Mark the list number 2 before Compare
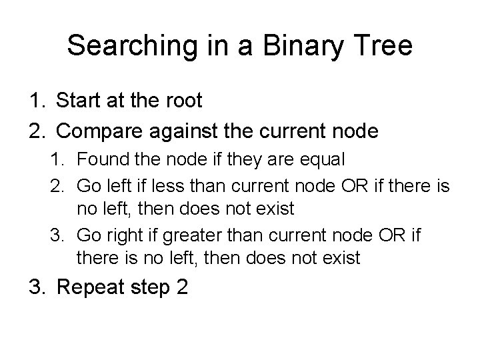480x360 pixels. [35, 131]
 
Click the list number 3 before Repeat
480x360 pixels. [35, 288]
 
